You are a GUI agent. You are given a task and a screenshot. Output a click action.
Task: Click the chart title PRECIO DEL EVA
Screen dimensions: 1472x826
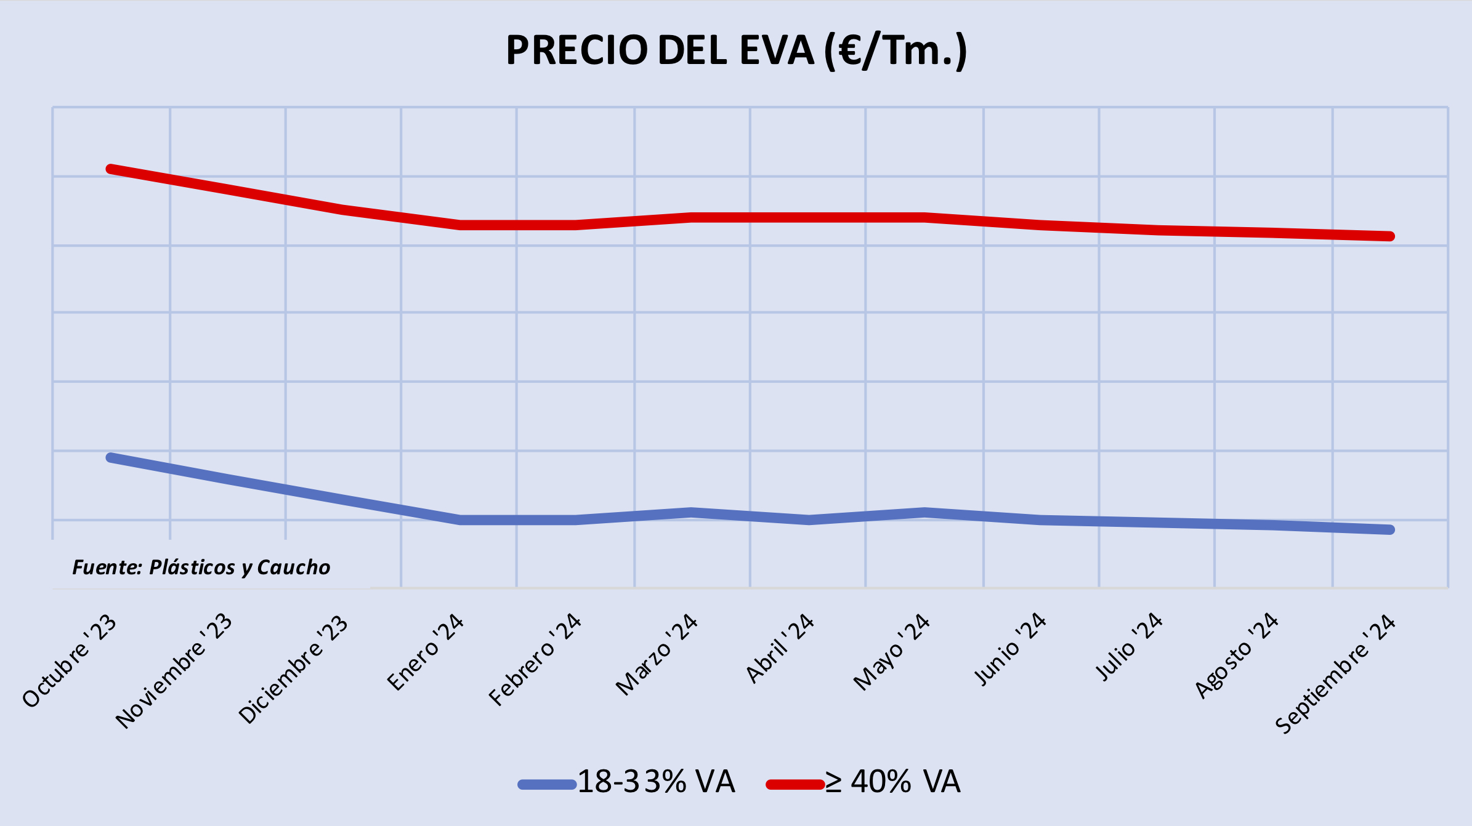736,50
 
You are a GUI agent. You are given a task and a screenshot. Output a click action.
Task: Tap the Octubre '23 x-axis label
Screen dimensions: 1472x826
70,660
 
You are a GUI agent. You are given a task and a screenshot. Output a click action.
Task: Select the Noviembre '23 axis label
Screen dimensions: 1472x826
174,671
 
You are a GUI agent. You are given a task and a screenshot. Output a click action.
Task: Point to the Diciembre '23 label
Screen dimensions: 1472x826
293,668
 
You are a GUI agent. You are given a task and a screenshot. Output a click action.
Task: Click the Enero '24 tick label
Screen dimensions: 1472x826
426,652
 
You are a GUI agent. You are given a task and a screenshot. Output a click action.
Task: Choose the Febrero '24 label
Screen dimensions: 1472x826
535,659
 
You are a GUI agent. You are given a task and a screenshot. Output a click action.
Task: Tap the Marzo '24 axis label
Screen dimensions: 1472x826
657,654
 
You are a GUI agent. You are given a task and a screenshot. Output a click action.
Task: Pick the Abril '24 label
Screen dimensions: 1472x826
780,648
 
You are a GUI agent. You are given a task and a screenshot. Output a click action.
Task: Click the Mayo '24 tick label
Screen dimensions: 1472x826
891,652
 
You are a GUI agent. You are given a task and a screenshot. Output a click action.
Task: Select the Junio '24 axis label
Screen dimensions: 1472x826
1010,649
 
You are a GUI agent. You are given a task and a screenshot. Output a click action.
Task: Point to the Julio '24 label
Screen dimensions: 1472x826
1129,647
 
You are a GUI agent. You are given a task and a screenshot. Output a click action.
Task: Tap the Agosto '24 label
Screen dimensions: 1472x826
1237,656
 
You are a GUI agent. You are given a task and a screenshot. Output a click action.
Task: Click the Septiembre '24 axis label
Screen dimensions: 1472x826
1335,673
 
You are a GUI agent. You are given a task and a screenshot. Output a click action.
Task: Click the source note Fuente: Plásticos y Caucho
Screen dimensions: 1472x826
201,567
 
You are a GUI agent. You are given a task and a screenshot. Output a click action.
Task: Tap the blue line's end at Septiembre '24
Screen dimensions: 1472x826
1390,529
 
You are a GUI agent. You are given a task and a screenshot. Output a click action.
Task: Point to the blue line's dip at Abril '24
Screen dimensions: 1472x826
809,520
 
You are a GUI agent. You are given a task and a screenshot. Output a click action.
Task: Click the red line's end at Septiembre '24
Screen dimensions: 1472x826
1390,236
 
